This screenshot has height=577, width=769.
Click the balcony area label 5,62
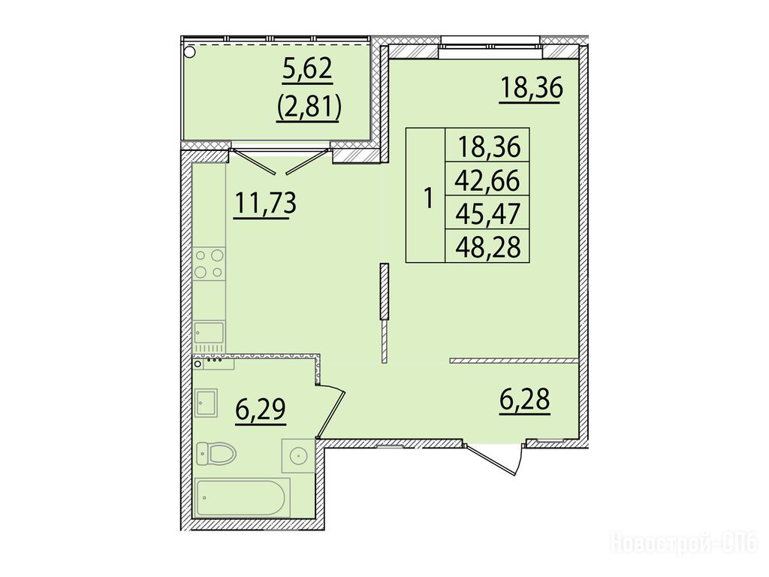pyautogui.click(x=307, y=71)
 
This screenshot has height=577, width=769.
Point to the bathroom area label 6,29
pyautogui.click(x=261, y=409)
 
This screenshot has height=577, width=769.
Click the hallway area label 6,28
pyautogui.click(x=525, y=400)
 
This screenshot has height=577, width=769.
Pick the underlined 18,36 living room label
pyautogui.click(x=530, y=89)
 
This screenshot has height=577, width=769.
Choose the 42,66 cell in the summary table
pyautogui.click(x=487, y=180)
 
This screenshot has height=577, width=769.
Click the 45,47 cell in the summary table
pyautogui.click(x=487, y=214)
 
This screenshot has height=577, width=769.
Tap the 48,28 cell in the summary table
pyautogui.click(x=487, y=246)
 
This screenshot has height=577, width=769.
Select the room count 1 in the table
pyautogui.click(x=428, y=198)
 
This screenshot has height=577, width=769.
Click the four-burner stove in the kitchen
pyautogui.click(x=209, y=264)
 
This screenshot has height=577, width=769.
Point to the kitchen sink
pyautogui.click(x=209, y=333)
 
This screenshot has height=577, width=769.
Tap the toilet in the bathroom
pyautogui.click(x=216, y=454)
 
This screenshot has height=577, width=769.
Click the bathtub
pyautogui.click(x=243, y=497)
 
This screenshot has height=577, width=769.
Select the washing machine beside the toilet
pyautogui.click(x=297, y=456)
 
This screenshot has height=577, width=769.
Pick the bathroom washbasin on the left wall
pyautogui.click(x=206, y=403)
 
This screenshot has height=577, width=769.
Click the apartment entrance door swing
pyautogui.click(x=496, y=460)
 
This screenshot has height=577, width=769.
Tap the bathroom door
pyautogui.click(x=332, y=411)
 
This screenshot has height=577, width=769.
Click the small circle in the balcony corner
pyautogui.click(x=189, y=51)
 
